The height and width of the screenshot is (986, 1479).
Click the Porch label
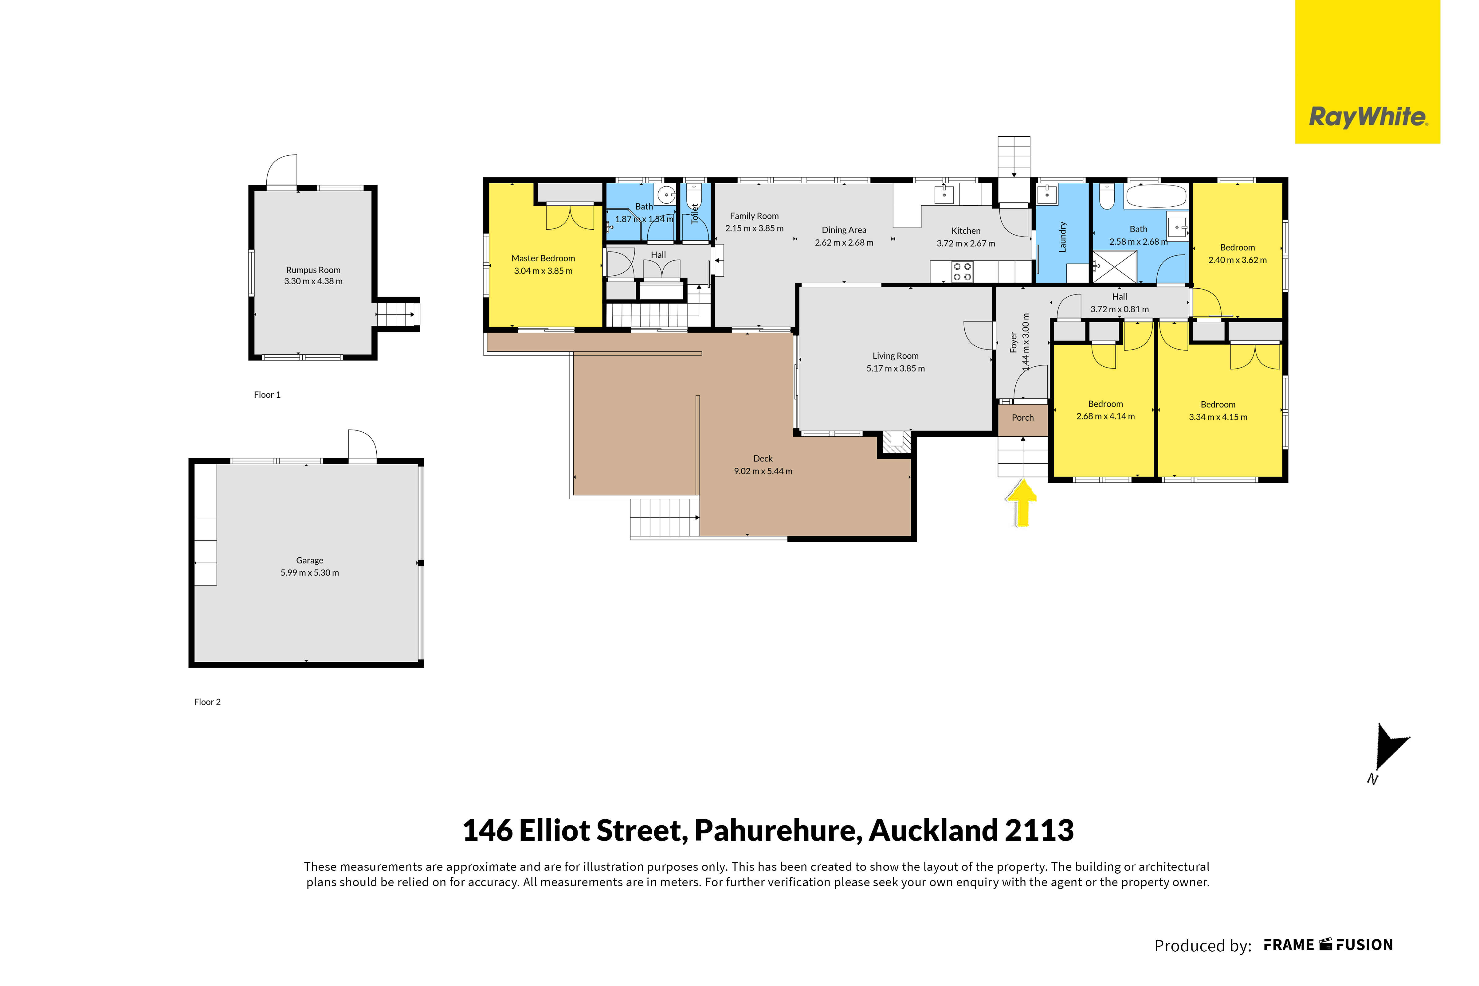point(1023,418)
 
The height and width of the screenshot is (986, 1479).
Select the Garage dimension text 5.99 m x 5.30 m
point(309,573)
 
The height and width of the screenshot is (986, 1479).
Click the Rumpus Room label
point(313,270)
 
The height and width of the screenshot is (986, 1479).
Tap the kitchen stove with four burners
point(962,272)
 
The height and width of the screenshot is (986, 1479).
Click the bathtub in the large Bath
point(1156,196)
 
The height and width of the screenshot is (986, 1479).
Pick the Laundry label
point(1062,237)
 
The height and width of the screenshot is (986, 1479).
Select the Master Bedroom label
point(543,259)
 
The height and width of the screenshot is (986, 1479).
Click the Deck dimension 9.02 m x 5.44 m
point(763,471)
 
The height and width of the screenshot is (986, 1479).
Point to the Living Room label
point(895,356)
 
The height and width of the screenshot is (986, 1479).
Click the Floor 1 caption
point(267,395)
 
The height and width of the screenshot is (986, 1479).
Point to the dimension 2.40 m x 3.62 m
point(1238,260)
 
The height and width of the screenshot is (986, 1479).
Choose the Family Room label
point(754,216)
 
